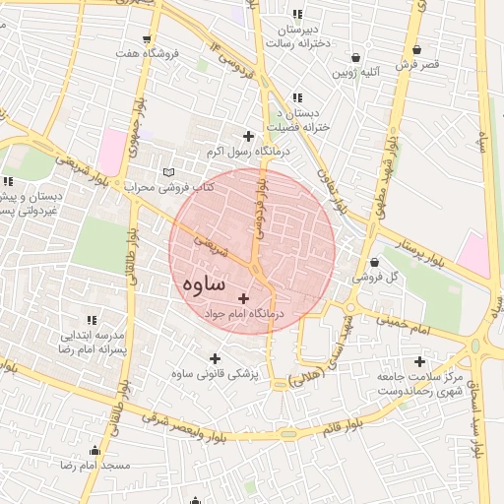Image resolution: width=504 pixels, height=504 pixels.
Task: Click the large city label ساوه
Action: point(203,283)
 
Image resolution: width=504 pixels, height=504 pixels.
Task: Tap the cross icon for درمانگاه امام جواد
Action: point(244,297)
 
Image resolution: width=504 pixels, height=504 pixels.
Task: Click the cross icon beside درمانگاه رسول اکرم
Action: point(248,136)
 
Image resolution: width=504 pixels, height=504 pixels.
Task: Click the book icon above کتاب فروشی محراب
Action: point(167,171)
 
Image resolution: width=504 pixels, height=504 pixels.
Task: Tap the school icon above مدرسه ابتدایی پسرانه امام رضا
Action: point(91,320)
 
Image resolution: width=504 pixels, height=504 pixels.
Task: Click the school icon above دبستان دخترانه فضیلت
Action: point(296,97)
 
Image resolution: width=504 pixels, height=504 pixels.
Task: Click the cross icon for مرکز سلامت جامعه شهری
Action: point(420,360)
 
